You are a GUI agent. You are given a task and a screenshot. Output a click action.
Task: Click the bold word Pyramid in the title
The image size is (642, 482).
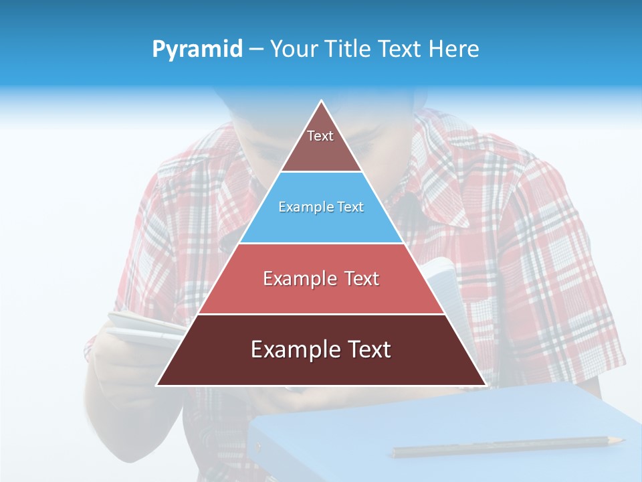(197, 49)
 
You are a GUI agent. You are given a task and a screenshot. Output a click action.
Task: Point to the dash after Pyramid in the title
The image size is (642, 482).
(256, 50)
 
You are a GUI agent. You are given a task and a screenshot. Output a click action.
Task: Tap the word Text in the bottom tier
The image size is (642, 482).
(364, 349)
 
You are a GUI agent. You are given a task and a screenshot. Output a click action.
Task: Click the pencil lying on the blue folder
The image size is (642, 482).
(502, 447)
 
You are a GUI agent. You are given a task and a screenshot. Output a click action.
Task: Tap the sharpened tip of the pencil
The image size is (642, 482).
(621, 440)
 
